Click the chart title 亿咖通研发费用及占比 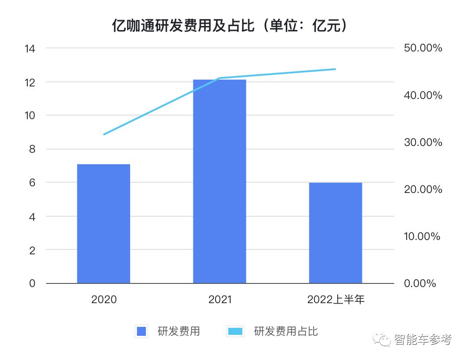(229, 26)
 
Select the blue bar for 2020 (103, 223)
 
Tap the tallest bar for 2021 (219, 181)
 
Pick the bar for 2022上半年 (335, 233)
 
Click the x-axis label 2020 (104, 299)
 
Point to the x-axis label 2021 (220, 299)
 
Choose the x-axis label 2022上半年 (335, 299)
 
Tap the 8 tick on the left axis (32, 149)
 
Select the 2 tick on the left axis (32, 250)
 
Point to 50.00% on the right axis (422, 48)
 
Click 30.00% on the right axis (422, 142)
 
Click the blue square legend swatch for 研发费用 (141, 332)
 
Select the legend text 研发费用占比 (286, 332)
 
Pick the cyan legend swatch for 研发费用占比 (235, 332)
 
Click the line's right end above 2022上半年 (335, 69)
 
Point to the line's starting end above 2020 (104, 134)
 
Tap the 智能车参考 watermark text (423, 340)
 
